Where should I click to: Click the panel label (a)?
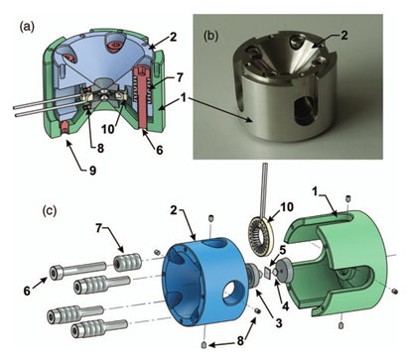pos(27,27)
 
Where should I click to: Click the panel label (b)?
pos(211,36)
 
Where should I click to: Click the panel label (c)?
pos(51,210)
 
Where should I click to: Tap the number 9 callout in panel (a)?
pos(92,170)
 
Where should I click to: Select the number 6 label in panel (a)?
pos(160,150)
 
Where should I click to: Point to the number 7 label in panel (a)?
pos(180,77)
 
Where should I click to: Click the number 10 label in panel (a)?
pos(108,129)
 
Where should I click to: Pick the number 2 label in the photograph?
pos(344,35)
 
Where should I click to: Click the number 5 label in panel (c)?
pos(281,251)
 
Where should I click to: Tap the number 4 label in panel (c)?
pos(285,305)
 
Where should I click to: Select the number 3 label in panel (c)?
pos(279,322)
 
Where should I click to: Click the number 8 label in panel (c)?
pos(239,340)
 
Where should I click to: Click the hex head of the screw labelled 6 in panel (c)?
pos(55,273)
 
